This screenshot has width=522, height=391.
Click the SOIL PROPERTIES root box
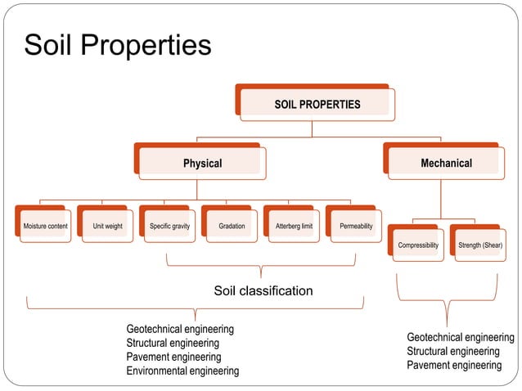pos(317,105)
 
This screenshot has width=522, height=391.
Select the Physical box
pos(202,164)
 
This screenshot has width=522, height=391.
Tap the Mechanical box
pos(446,163)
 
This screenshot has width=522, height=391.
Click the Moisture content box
pos(46,226)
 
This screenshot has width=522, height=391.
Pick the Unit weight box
pos(108,226)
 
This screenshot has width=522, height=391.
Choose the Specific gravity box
pos(170,226)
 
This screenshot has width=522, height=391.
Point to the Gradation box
pos(232,226)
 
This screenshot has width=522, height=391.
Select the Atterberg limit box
pos(294,226)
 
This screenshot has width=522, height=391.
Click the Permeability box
pos(356,226)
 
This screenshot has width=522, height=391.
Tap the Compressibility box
pos(418,245)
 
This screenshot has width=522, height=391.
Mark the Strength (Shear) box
pos(480,245)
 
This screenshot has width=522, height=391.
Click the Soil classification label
pos(263,290)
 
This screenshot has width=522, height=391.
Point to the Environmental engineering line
pos(182,371)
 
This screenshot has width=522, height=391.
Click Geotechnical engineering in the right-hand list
pos(461,337)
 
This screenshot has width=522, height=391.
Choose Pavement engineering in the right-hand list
pos(454,365)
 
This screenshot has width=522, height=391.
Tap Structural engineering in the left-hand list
pos(173,344)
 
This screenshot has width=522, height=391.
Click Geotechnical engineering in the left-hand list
pos(180,329)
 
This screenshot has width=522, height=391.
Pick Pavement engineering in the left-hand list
pos(173,357)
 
